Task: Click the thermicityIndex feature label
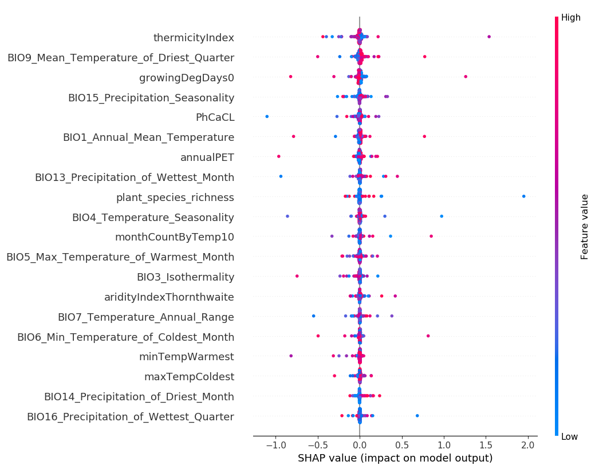pyautogui.click(x=194, y=38)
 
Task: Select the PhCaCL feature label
pyautogui.click(x=215, y=117)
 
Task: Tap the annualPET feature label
pyautogui.click(x=207, y=157)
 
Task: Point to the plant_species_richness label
pyautogui.click(x=175, y=198)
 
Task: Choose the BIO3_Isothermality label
pyautogui.click(x=185, y=277)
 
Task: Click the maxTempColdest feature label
pyautogui.click(x=189, y=377)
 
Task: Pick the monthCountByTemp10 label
pyautogui.click(x=174, y=237)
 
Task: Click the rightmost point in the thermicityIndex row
pyautogui.click(x=488, y=37)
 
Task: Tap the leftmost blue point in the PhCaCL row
pyautogui.click(x=267, y=116)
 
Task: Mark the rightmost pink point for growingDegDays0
pyautogui.click(x=465, y=77)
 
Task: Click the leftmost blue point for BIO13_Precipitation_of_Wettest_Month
pyautogui.click(x=281, y=176)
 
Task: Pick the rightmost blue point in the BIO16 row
pyautogui.click(x=417, y=416)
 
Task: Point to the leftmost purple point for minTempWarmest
pyautogui.click(x=291, y=356)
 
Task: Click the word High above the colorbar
pyautogui.click(x=570, y=18)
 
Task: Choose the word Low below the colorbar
pyautogui.click(x=569, y=437)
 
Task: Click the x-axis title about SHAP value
pyautogui.click(x=395, y=458)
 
